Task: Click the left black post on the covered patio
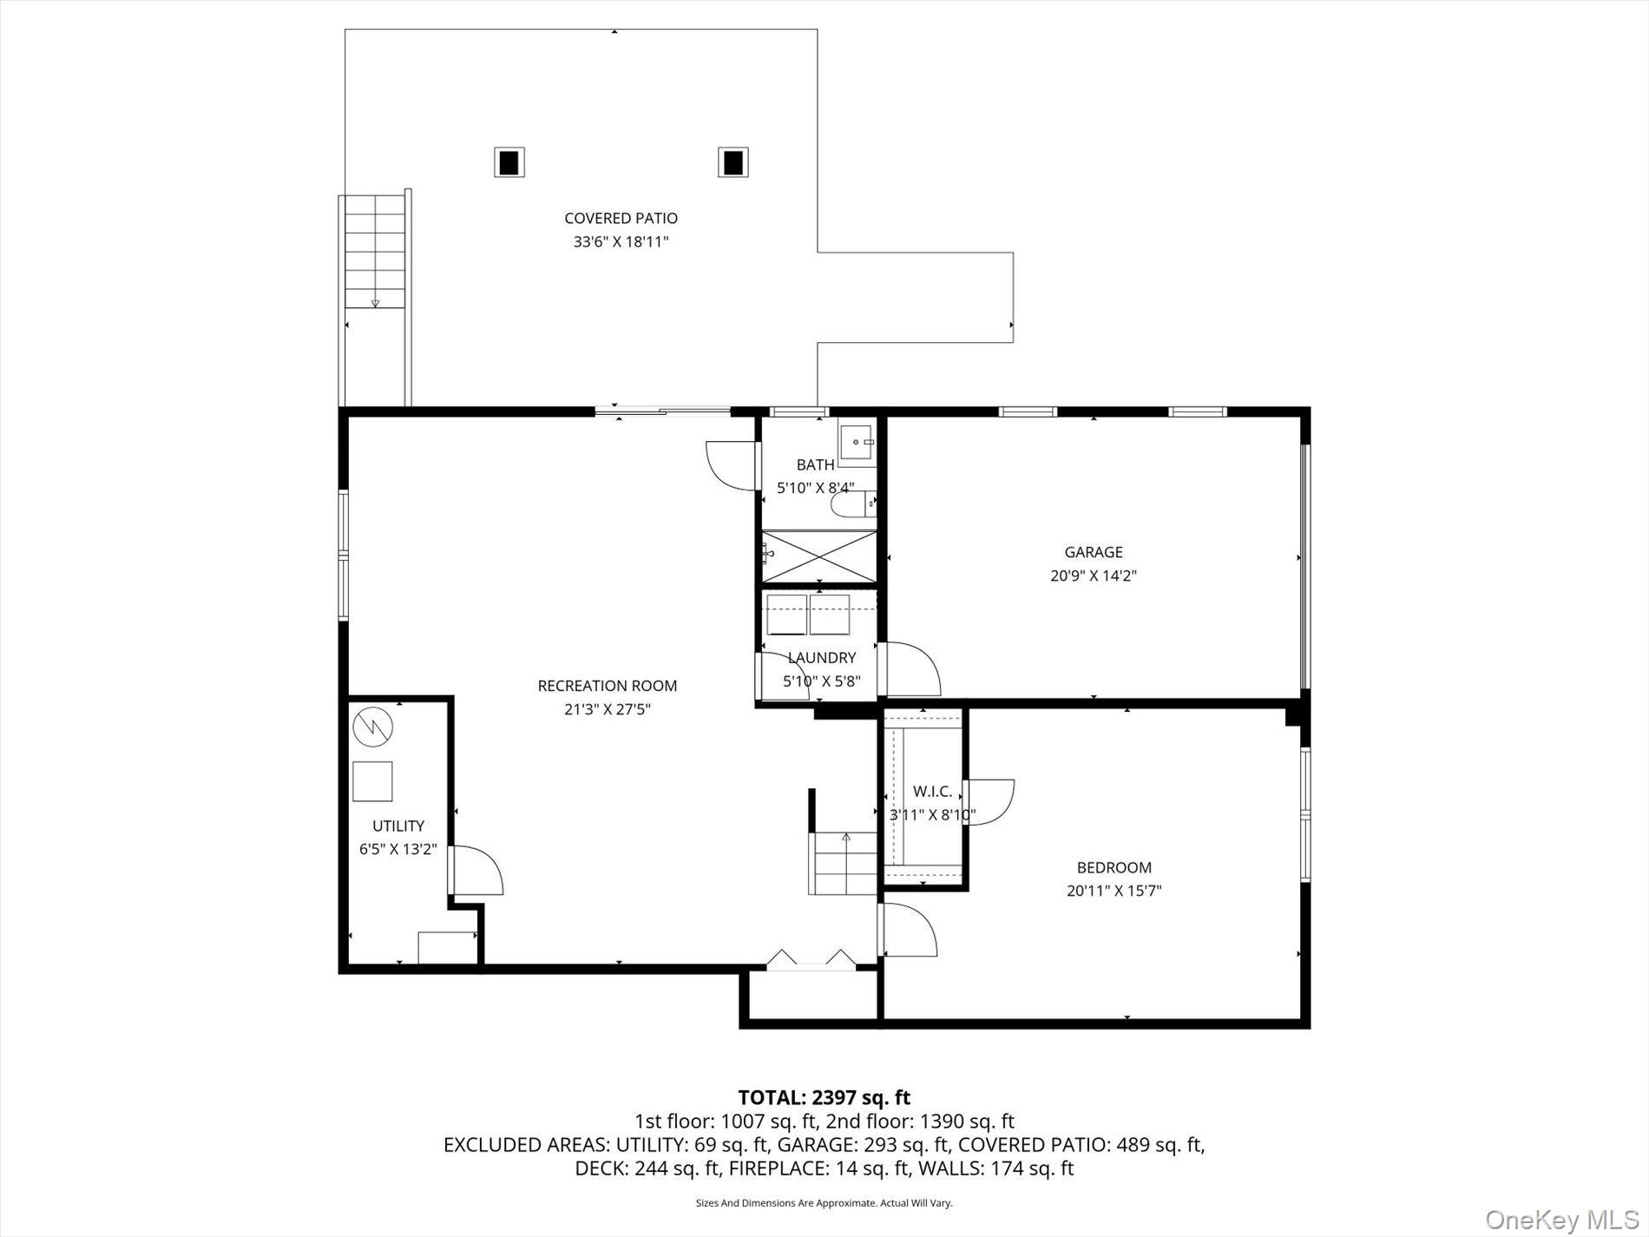click(x=509, y=162)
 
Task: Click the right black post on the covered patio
click(x=733, y=162)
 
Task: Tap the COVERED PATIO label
click(x=621, y=219)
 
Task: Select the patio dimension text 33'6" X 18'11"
click(x=621, y=242)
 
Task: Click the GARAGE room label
click(x=1094, y=552)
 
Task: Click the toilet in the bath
click(x=847, y=503)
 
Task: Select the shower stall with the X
click(x=819, y=556)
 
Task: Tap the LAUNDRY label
click(x=821, y=658)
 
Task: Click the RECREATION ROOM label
click(x=607, y=686)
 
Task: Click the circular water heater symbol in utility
click(x=373, y=726)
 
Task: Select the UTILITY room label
click(x=398, y=826)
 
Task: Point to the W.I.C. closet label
click(x=932, y=792)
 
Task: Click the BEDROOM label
click(x=1114, y=867)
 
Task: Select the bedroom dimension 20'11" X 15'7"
click(x=1114, y=891)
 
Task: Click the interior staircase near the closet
click(x=844, y=863)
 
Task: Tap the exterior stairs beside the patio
click(x=375, y=252)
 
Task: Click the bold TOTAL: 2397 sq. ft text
click(x=824, y=1097)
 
